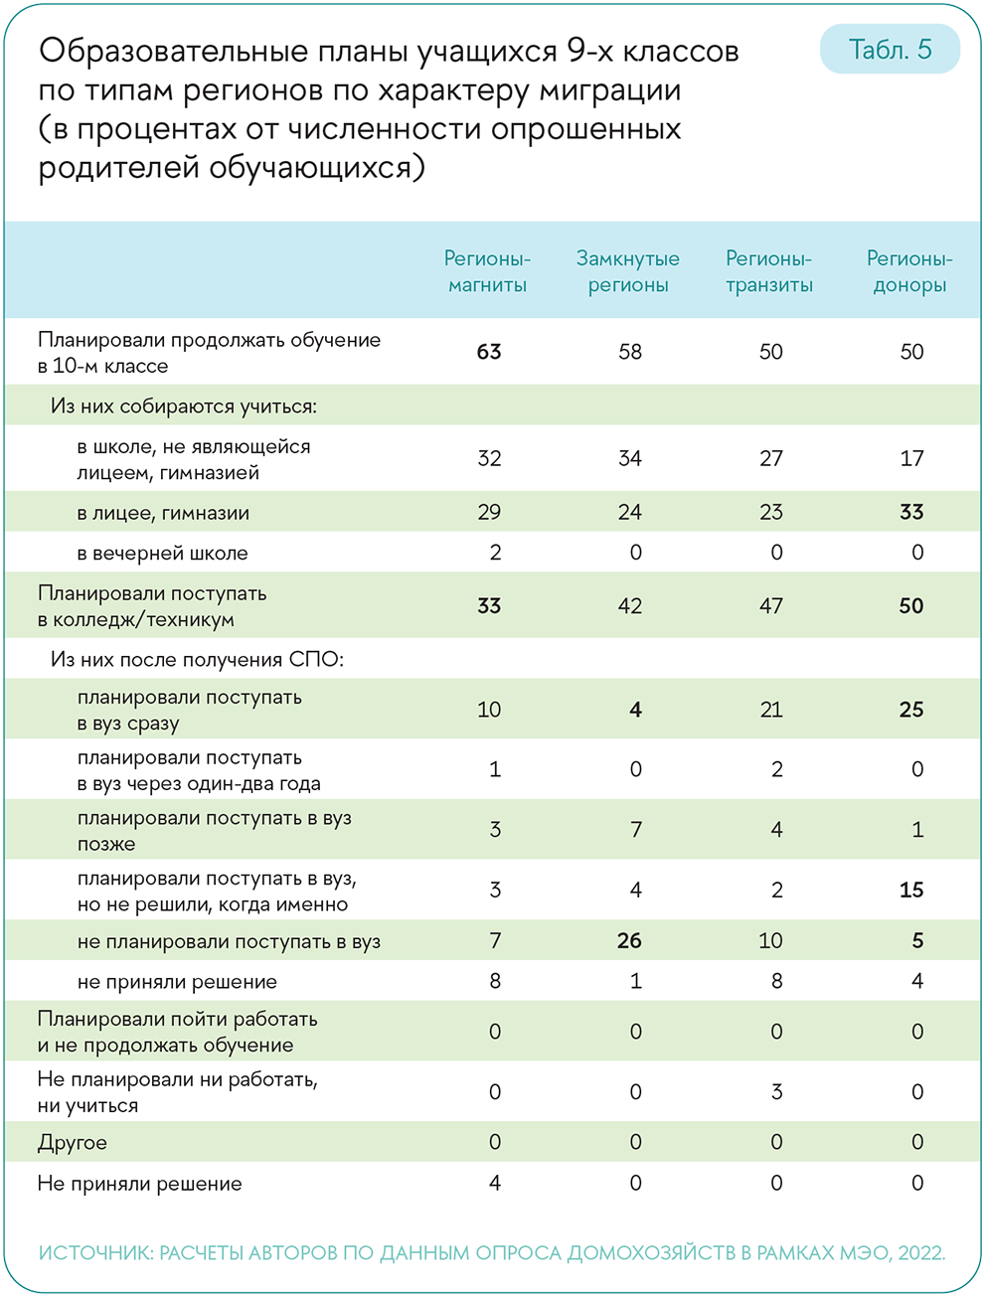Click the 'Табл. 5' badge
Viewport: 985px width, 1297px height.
coord(890,50)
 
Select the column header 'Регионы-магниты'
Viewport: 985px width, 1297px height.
coord(487,271)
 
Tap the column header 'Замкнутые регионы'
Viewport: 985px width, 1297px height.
coord(628,271)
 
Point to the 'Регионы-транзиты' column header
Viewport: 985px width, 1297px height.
coord(769,271)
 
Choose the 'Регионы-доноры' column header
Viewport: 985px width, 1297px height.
coord(909,271)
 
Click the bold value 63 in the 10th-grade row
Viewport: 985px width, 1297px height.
coord(489,352)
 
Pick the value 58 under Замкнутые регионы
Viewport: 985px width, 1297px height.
coord(630,352)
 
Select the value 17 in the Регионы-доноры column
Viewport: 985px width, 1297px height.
coord(911,458)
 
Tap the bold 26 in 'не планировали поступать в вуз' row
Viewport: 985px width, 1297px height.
coord(629,940)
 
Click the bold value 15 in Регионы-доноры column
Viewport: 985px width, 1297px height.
coord(911,890)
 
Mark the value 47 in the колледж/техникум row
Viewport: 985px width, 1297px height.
coord(771,606)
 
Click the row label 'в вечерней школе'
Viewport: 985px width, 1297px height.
coord(162,554)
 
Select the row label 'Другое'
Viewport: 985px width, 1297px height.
coord(73,1143)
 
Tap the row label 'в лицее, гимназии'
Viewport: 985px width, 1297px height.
coord(163,514)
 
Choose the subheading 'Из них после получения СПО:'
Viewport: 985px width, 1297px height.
coord(197,660)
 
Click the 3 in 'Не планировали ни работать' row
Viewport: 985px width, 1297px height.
coord(776,1092)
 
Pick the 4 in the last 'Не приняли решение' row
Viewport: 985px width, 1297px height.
coord(495,1183)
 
